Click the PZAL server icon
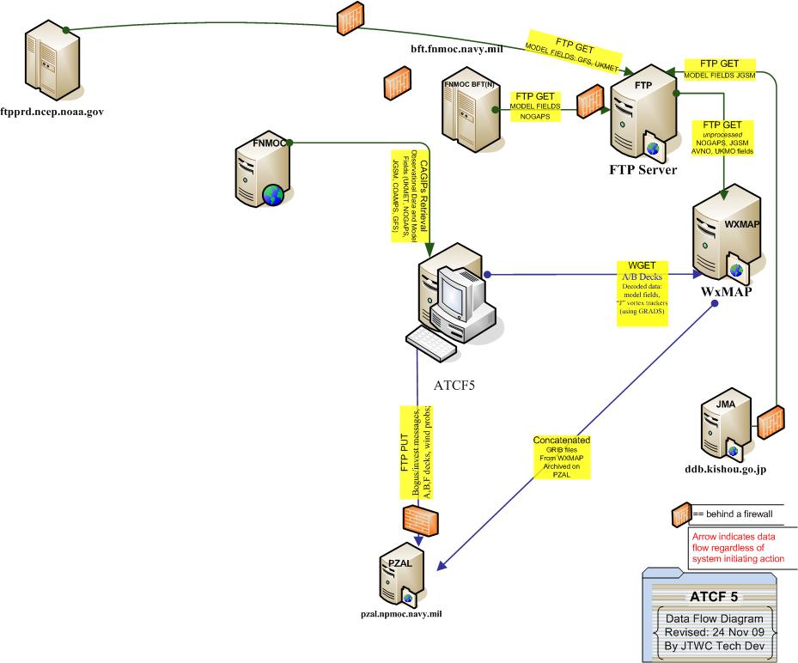[400, 580]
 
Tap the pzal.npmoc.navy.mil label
[401, 615]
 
